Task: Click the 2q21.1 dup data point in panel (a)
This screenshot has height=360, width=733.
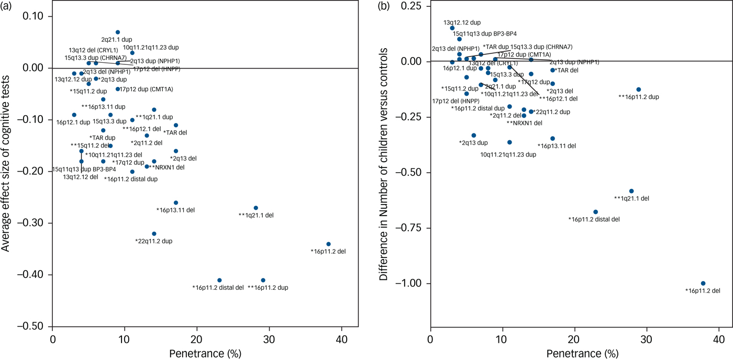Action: coord(118,32)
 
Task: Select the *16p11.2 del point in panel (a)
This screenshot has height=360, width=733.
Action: coord(328,244)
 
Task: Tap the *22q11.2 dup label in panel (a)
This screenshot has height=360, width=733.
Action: coord(153,241)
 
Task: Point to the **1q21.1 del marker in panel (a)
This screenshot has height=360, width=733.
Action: coord(256,208)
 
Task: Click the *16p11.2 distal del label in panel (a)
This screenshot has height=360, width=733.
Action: coord(218,287)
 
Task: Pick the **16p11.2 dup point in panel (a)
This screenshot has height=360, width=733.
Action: coord(263,280)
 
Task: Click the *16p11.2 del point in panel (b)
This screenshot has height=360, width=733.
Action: coord(703,283)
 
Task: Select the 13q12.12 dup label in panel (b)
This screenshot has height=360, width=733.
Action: coord(462,23)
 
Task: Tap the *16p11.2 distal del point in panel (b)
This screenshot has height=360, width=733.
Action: coord(595,212)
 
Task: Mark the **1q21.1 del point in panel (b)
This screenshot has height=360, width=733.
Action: coord(631,191)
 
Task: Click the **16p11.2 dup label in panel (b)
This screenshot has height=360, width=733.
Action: coord(638,97)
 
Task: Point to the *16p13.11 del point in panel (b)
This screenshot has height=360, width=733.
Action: coord(552,139)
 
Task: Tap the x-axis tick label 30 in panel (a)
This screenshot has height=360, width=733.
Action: coord(269,339)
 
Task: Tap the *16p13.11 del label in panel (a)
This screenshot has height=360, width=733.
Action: coord(175,210)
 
